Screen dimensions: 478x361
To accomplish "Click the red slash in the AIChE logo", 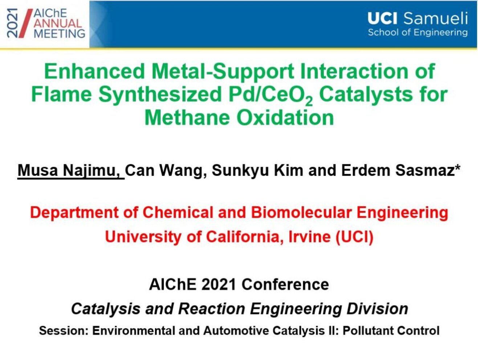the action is tap(25, 23).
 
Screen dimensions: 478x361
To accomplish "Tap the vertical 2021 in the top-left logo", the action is tap(12, 23).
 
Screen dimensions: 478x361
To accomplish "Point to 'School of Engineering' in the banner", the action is tap(418, 33).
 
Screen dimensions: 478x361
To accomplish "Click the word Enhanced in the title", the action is tap(95, 71).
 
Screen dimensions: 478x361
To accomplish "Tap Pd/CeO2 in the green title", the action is tap(270, 96).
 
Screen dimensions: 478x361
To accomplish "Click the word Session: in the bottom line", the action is tap(64, 330).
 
